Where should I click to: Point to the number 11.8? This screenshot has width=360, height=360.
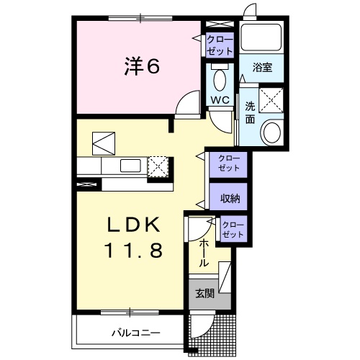tap(135, 251)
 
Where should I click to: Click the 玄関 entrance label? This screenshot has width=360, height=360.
tap(203, 293)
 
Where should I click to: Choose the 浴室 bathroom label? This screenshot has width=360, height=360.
tap(261, 68)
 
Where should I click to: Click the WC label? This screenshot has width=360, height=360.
tap(220, 100)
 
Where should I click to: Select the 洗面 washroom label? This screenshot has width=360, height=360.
tap(250, 113)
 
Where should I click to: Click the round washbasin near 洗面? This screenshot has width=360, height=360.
tap(272, 132)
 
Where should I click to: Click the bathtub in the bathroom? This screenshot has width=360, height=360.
tap(262, 38)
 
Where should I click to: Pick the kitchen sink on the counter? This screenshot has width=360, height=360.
tap(131, 166)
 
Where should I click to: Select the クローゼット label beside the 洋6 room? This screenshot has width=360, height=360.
tap(219, 45)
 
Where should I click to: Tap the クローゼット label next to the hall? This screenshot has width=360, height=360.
tap(233, 230)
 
